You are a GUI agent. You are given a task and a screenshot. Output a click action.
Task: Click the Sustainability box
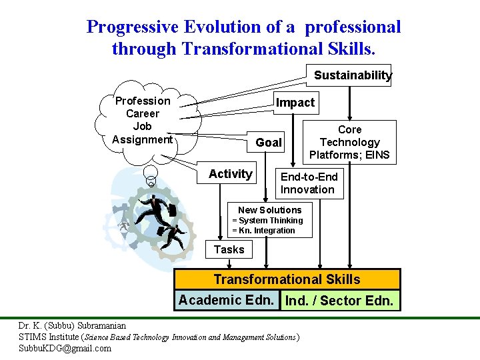[352, 75]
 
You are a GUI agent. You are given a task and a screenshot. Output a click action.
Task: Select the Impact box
[295, 103]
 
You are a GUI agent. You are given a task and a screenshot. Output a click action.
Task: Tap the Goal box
[269, 143]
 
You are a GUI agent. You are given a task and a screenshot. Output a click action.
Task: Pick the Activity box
[230, 174]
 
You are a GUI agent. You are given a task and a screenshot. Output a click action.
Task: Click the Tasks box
[229, 249]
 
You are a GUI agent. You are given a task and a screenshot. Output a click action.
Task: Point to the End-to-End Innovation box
[309, 183]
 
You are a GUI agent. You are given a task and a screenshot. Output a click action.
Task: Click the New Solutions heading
[269, 210]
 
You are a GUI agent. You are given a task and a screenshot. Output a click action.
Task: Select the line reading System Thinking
[267, 221]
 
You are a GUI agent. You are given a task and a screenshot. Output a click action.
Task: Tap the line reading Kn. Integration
[263, 231]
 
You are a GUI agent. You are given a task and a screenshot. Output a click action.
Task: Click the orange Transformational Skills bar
[287, 280]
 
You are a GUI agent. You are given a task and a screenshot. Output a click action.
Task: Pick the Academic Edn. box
[226, 300]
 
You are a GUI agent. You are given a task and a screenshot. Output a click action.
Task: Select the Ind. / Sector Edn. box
[339, 301]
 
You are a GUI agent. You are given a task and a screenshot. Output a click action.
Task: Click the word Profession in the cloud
[143, 101]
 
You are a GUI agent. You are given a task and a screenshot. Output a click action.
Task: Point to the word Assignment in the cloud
[143, 139]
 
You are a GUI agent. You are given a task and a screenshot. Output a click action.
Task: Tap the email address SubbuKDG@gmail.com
[65, 348]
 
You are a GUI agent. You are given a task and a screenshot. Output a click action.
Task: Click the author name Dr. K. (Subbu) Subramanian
[72, 326]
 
